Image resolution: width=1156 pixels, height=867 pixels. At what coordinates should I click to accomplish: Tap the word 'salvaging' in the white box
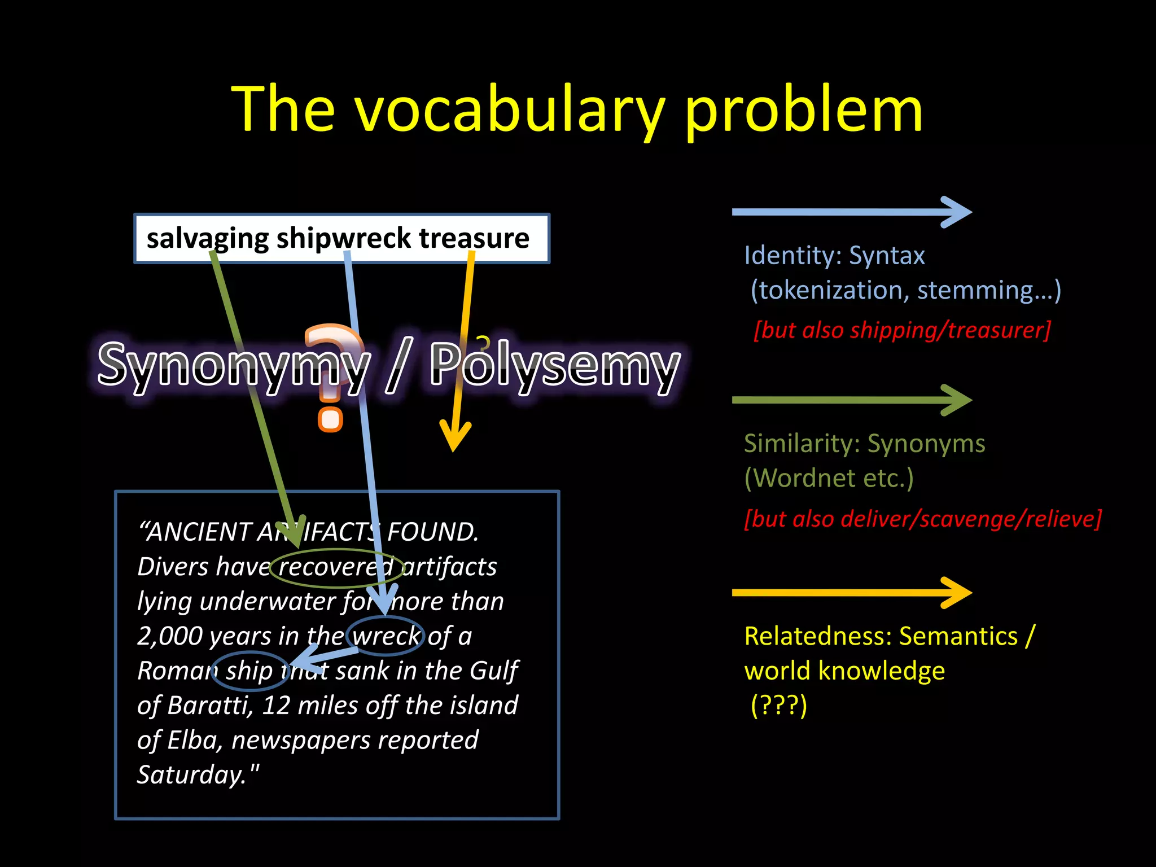pyautogui.click(x=207, y=238)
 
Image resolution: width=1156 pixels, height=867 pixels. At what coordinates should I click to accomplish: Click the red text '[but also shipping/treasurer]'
pyautogui.click(x=902, y=330)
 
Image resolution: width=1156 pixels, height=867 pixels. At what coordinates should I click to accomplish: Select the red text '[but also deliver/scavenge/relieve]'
pyautogui.click(x=922, y=519)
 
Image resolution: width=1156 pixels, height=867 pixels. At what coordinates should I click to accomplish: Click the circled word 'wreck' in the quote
pyautogui.click(x=386, y=637)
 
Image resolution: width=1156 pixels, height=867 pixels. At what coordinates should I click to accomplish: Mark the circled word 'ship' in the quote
pyautogui.click(x=249, y=671)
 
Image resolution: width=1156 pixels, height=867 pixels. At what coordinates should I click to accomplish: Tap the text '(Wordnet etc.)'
pyautogui.click(x=829, y=479)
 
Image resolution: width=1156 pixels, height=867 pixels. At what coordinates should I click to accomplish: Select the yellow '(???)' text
pyautogui.click(x=779, y=706)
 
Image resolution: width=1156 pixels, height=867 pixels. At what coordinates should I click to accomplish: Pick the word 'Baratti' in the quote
pyautogui.click(x=209, y=706)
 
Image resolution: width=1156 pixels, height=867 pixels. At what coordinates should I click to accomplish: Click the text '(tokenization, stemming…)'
pyautogui.click(x=905, y=290)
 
